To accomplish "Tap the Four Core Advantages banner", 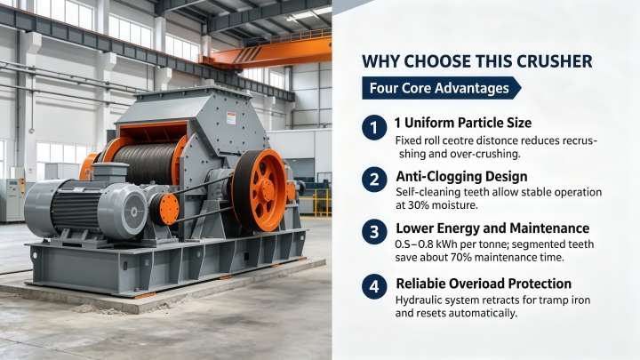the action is coord(441,88).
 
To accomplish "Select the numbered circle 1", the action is coord(374,127).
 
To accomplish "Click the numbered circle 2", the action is coord(374,180).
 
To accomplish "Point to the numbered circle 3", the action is coord(374,232).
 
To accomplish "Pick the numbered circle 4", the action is coord(374,286).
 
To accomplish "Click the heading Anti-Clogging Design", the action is coord(461,176).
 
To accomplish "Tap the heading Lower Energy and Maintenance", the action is coord(492,228).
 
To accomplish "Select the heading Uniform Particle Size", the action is coord(468,123).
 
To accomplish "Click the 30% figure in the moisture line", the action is coord(417,205).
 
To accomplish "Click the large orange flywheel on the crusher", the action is coord(260,190).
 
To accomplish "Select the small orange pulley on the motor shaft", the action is coord(164,210).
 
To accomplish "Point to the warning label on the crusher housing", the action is coord(231,118).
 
